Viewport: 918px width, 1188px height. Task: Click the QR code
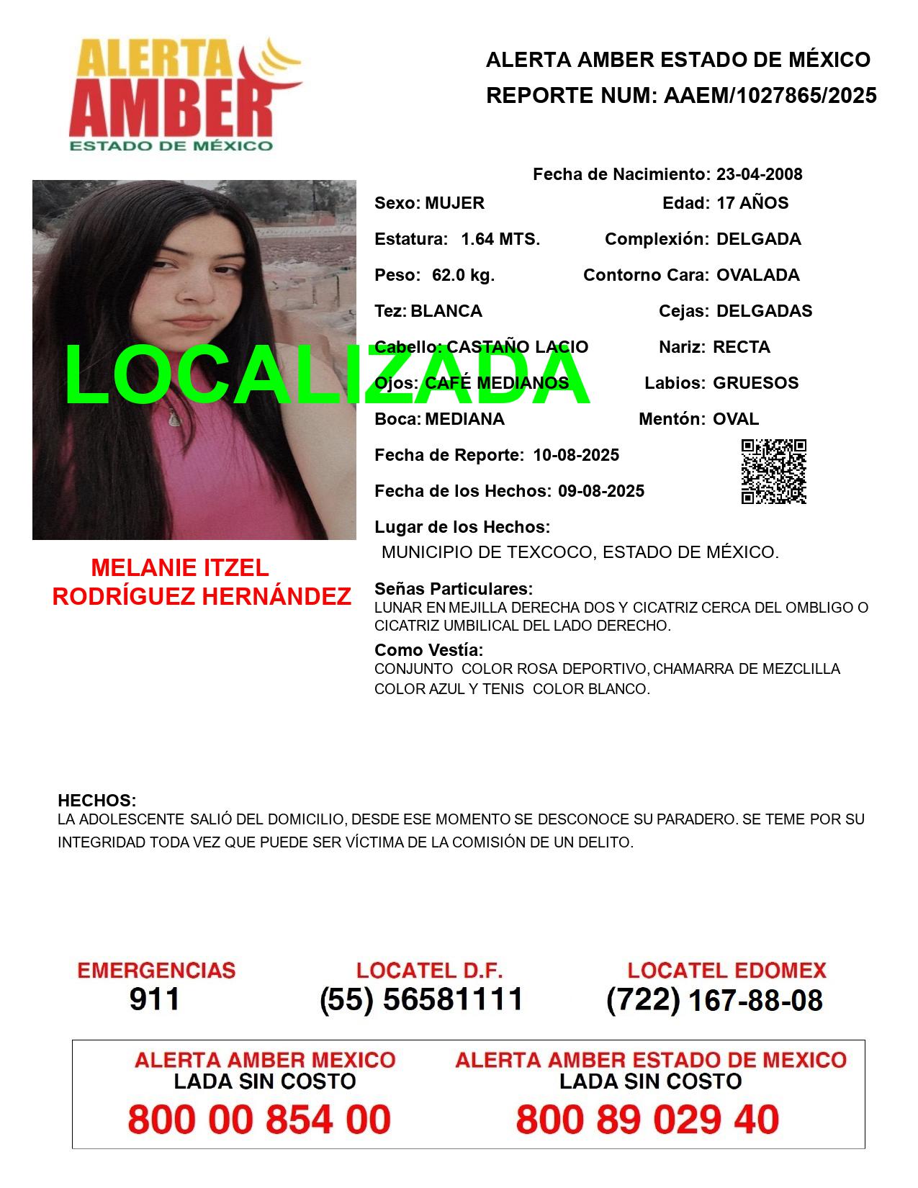[774, 472]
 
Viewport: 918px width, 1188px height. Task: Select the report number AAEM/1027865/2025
[770, 95]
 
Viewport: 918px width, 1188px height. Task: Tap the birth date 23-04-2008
[759, 174]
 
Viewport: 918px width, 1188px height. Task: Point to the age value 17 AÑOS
[752, 203]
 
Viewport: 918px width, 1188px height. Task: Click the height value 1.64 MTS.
[500, 239]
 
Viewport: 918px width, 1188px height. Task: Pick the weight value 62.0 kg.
[463, 275]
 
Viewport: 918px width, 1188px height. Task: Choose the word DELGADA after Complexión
[758, 239]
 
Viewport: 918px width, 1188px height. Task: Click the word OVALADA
[757, 275]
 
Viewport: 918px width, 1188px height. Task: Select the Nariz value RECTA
[741, 347]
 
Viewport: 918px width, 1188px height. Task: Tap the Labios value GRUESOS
[755, 383]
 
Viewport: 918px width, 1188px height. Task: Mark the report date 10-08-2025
[576, 455]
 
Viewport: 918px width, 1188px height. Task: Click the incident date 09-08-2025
[601, 491]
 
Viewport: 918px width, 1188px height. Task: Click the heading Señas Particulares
[454, 589]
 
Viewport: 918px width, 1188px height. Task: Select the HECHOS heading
[96, 801]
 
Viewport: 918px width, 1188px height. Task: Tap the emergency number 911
[155, 999]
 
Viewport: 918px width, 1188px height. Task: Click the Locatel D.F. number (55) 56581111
[421, 999]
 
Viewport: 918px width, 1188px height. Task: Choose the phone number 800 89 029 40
[647, 1120]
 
